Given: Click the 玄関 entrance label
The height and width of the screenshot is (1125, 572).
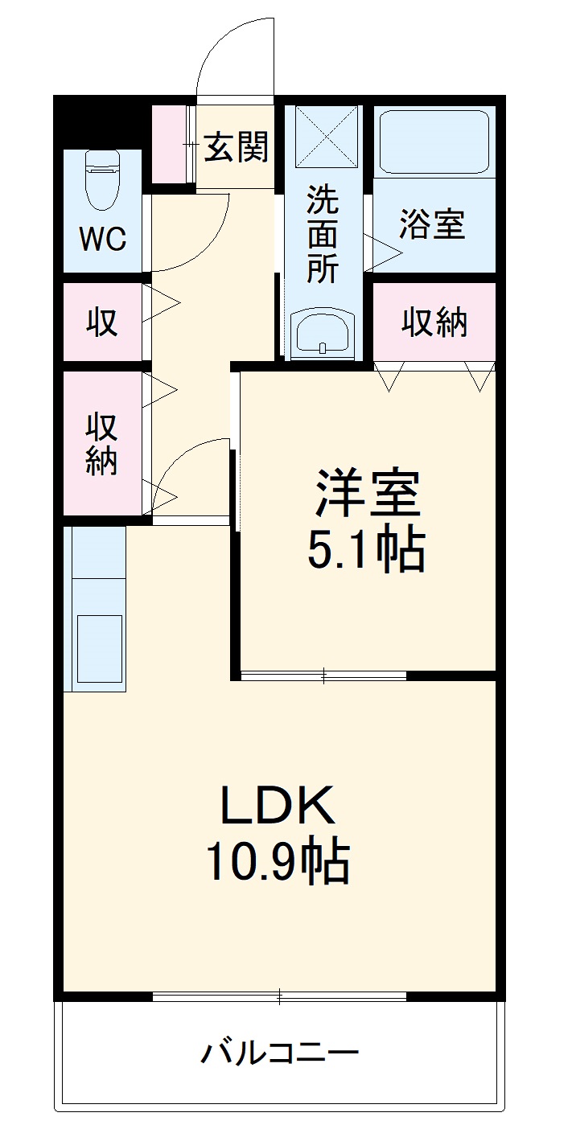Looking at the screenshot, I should (x=236, y=147).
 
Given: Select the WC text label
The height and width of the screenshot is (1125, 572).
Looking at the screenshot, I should (x=102, y=239).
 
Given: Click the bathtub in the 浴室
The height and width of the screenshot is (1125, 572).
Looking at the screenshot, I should (x=434, y=142).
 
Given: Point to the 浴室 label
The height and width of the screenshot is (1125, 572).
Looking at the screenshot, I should (x=433, y=225).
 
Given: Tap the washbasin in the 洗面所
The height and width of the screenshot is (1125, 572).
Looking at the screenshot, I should (x=323, y=332).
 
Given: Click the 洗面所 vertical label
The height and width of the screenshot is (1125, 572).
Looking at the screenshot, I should (x=323, y=234).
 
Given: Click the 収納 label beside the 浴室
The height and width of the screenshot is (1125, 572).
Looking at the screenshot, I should (x=434, y=322).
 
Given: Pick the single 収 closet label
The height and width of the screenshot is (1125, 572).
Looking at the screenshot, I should (x=102, y=322).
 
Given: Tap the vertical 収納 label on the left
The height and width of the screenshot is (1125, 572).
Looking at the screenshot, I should (x=102, y=443).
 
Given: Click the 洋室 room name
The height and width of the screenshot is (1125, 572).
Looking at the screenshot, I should (x=367, y=495).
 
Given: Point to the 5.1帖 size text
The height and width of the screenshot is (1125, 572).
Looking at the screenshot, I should (x=366, y=550).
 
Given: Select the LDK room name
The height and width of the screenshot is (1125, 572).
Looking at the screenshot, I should (x=278, y=807).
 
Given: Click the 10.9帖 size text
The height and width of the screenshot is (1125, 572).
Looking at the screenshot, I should (x=278, y=862).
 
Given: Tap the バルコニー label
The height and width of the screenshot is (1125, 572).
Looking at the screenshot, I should (x=279, y=1053).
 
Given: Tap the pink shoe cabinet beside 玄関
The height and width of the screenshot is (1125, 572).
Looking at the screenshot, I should (x=171, y=144).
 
